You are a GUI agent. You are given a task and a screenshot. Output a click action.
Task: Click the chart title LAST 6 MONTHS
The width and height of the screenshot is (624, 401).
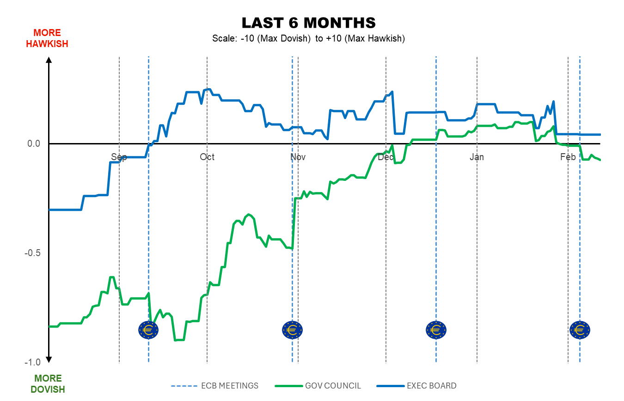tap(308, 23)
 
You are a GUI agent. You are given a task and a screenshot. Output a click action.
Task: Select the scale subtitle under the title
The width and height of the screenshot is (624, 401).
tap(308, 39)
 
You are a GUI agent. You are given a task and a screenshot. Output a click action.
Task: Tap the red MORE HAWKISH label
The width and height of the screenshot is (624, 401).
tap(47, 38)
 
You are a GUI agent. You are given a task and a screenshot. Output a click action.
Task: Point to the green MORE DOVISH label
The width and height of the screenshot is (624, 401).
tap(48, 384)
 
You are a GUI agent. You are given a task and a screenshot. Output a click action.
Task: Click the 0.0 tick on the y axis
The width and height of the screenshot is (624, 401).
tap(33, 144)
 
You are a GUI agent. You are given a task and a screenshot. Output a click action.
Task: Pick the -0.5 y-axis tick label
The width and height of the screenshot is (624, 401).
tap(32, 253)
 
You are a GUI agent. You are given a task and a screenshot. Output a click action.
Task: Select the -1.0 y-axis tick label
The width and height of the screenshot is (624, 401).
tap(32, 362)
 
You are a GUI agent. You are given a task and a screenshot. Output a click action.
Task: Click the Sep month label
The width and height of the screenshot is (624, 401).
tap(119, 157)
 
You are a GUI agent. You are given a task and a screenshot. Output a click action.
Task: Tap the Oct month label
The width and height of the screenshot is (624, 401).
tap(207, 157)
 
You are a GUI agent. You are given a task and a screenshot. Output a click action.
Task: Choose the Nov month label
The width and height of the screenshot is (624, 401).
tap(298, 157)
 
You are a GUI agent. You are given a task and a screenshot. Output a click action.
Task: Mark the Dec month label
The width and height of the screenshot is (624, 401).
tap(385, 157)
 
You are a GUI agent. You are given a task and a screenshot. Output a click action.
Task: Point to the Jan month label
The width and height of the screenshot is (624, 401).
tap(477, 157)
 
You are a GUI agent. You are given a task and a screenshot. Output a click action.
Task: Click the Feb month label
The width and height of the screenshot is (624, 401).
tap(568, 157)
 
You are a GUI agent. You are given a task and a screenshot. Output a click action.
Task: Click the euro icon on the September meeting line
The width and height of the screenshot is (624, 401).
tap(148, 329)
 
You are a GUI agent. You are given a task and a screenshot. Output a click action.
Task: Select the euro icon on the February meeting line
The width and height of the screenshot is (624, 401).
tap(579, 329)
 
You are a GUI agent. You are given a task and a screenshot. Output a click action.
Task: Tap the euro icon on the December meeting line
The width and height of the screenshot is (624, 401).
tap(436, 329)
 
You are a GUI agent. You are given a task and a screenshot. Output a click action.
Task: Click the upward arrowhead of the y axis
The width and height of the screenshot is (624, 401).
tap(49, 59)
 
